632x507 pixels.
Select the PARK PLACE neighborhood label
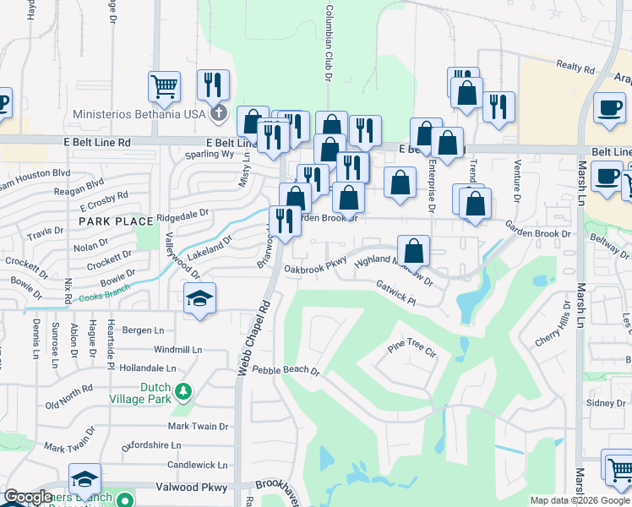117,221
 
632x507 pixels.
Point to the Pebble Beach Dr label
286,370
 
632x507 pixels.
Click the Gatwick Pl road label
396,294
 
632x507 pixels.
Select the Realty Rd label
575,66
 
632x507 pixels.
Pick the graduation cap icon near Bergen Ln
199,298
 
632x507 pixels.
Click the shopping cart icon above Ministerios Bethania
164,86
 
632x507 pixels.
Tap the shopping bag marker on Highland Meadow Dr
413,250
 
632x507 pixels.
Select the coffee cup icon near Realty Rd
607,107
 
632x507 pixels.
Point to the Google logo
28,498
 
